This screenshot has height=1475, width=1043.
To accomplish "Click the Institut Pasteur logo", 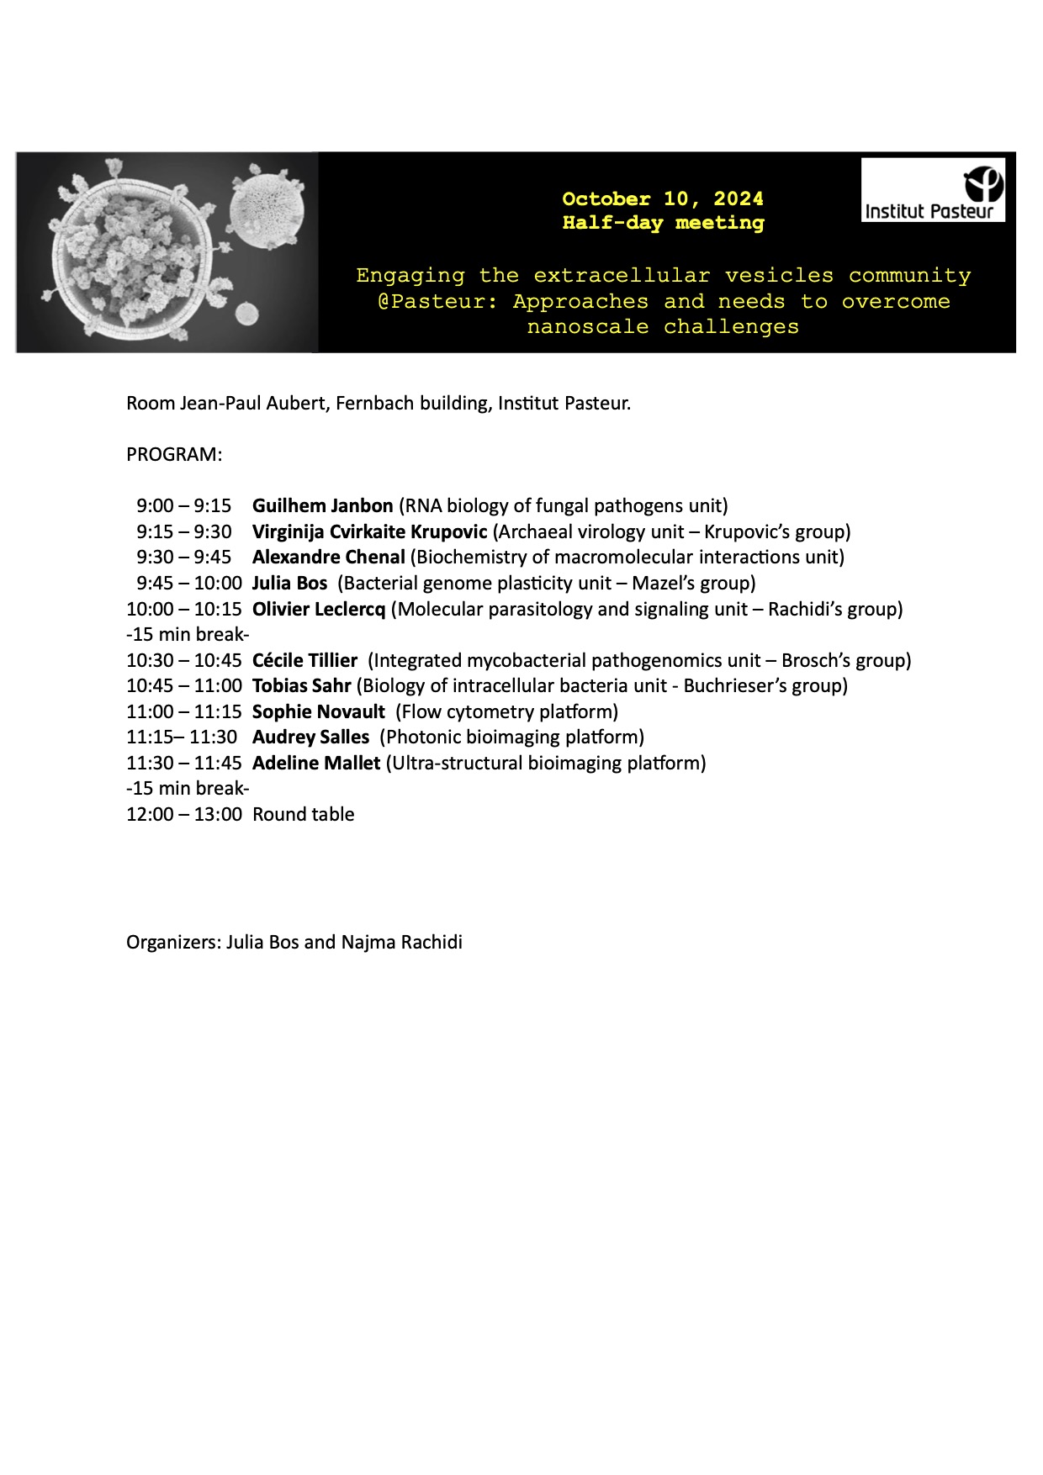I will coord(933,191).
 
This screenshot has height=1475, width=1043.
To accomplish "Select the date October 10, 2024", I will coord(663,199).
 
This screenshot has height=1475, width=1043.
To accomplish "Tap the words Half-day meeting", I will coord(663,223).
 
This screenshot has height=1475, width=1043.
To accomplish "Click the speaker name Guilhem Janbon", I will coord(323,506).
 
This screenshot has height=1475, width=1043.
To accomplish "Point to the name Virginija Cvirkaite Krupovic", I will coord(369,532).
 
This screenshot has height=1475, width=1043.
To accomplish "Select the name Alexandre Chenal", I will coord(329,558).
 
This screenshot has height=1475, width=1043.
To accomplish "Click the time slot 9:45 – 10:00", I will coord(189,584).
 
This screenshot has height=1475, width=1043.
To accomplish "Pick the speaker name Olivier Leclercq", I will coord(319,609).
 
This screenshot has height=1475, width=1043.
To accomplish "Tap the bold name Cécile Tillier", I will coord(304,661).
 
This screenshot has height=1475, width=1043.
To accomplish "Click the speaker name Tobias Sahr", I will coord(301,686).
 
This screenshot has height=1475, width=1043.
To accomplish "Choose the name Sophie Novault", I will coord(319,712).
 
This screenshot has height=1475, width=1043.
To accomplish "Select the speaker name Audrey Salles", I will coord(310,737).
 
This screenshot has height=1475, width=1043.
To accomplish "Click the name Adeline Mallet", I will coord(316,764).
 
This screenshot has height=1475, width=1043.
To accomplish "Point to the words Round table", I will coord(304,815).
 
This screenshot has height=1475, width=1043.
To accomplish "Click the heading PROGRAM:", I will coord(174,455).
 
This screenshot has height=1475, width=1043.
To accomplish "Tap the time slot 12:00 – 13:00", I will coord(184,815).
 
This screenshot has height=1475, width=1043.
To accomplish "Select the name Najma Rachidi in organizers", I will coord(402,943).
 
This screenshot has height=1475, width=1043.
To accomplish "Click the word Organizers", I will coord(173,943).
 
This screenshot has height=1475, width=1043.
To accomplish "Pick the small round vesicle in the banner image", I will coord(246,314).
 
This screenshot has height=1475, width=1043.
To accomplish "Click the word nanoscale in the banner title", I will coord(588,327).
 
